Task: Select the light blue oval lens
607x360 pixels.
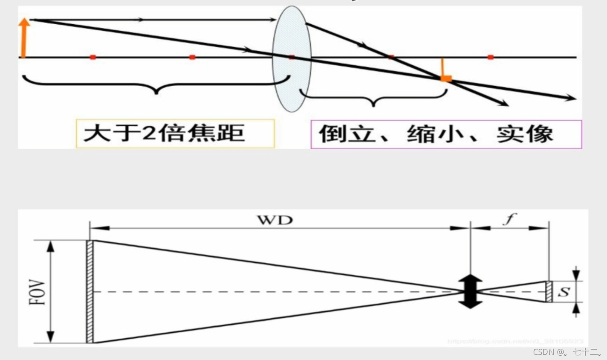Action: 292,59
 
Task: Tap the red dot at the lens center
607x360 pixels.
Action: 292,57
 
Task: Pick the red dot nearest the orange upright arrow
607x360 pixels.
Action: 92,57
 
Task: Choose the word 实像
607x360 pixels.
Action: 525,134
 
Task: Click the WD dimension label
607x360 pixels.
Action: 275,220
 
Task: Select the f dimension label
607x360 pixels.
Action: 509,220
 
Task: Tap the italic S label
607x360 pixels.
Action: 564,292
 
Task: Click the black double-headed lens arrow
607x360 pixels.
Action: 470,292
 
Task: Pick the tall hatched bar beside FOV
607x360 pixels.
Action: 90,292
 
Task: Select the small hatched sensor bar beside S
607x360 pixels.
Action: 549,292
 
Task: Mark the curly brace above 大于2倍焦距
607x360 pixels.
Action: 156,84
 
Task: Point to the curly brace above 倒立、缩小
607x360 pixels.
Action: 374,97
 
